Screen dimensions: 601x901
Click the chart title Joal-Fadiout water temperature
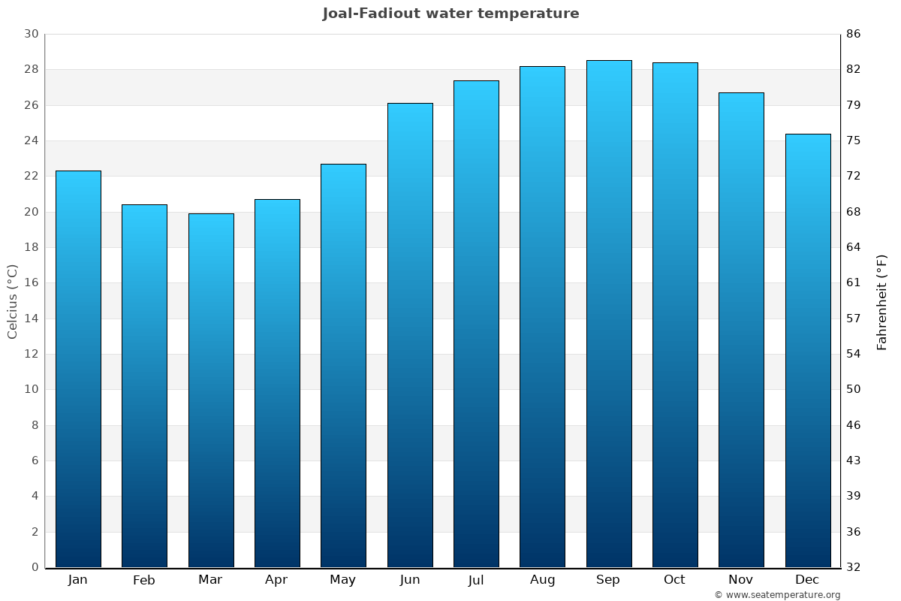point(450,14)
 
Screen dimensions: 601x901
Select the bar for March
point(211,391)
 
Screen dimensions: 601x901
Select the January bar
point(78,369)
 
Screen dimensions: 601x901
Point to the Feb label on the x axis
point(144,580)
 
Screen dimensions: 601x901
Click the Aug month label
point(542,580)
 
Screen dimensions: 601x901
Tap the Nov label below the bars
point(741,580)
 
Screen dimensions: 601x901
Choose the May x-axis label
point(343,580)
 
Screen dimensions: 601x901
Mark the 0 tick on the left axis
point(35,567)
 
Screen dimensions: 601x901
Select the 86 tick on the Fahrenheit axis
point(854,34)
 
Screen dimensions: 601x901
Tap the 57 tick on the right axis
point(854,319)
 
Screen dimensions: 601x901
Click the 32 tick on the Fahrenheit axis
point(854,567)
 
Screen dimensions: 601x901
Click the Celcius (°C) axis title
point(12,301)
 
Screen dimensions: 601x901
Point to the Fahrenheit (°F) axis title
point(882,301)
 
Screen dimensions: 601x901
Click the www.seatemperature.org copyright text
point(777,595)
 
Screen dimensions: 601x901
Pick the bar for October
point(675,315)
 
